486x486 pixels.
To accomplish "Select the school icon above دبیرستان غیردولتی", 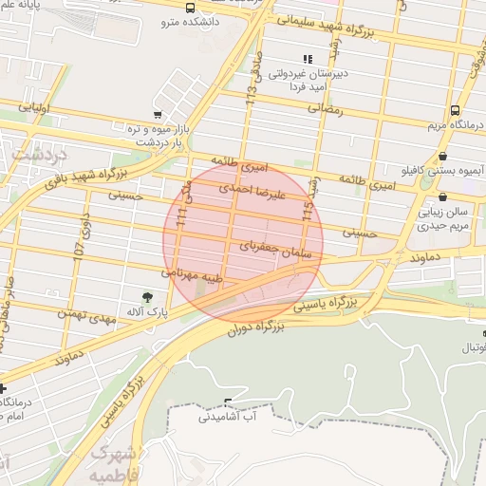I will coord(308,59).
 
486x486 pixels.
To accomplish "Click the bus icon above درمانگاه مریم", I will coord(455,110).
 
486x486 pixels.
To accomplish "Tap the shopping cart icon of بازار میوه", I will coord(157,115).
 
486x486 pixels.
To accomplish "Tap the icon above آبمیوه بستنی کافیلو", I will coord(443,157).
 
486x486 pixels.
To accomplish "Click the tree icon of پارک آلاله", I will coord(146,297).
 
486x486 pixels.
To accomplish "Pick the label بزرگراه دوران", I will coord(256,328).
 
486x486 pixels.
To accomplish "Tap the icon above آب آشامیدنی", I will coord(227,402).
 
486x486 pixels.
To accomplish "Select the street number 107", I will coord(81,248).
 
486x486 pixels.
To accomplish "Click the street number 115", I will coord(308,211).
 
